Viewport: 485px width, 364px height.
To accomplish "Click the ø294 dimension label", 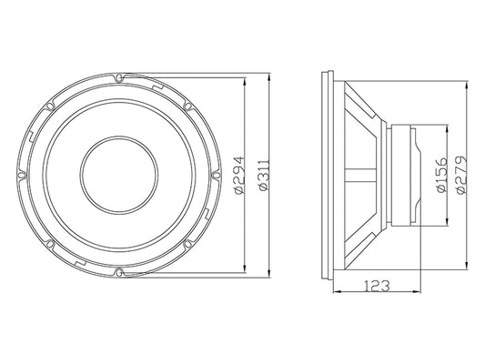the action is (x=239, y=175).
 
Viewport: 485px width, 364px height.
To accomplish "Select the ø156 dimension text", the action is (x=442, y=175).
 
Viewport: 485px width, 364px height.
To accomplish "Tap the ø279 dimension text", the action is (x=461, y=175).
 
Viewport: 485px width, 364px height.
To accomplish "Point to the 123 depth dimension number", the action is (x=376, y=286).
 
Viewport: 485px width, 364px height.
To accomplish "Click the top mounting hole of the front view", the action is (x=118, y=77).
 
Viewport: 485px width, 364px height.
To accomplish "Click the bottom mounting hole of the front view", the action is (x=118, y=272).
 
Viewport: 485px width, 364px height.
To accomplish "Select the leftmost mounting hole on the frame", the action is (x=21, y=175).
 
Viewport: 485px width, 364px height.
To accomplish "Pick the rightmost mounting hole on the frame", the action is (x=217, y=175).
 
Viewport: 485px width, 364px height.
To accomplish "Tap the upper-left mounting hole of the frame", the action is (x=49, y=106).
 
